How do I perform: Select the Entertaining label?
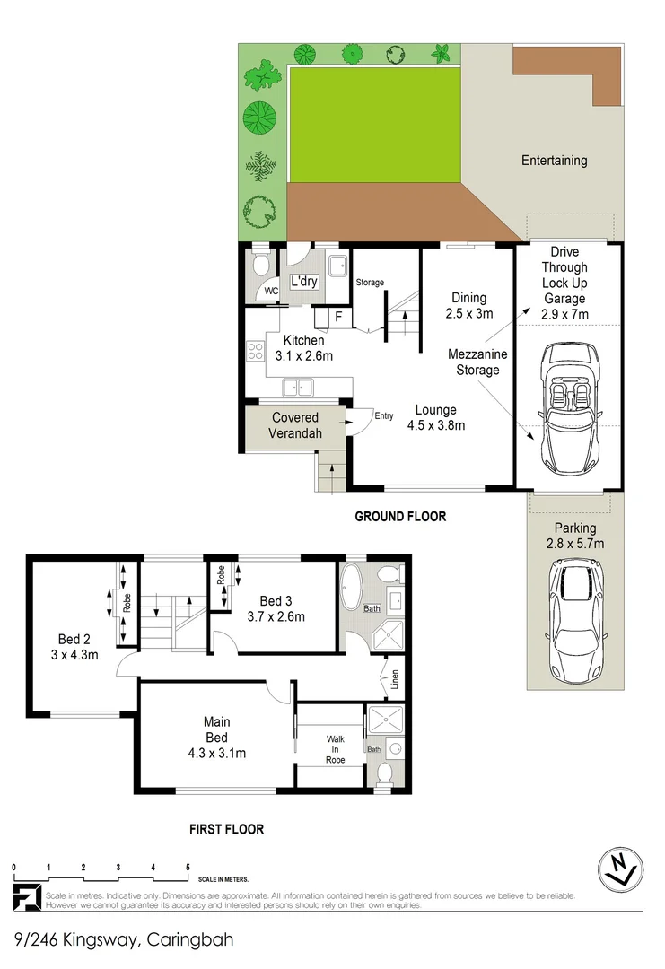(x=555, y=161)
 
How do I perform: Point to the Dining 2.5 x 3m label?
(x=468, y=305)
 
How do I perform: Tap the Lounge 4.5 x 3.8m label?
(x=434, y=418)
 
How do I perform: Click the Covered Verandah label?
(x=295, y=425)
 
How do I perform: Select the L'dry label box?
(x=304, y=281)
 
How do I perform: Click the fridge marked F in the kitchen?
(x=338, y=316)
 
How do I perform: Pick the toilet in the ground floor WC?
(x=260, y=265)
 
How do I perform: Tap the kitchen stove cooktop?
(x=253, y=352)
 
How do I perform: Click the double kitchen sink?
(x=297, y=388)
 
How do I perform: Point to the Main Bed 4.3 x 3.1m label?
(x=216, y=738)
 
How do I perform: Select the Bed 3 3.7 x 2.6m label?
(x=276, y=608)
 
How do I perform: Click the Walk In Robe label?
(x=334, y=748)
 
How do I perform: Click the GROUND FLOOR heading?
(x=400, y=516)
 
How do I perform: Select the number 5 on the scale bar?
(x=188, y=867)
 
